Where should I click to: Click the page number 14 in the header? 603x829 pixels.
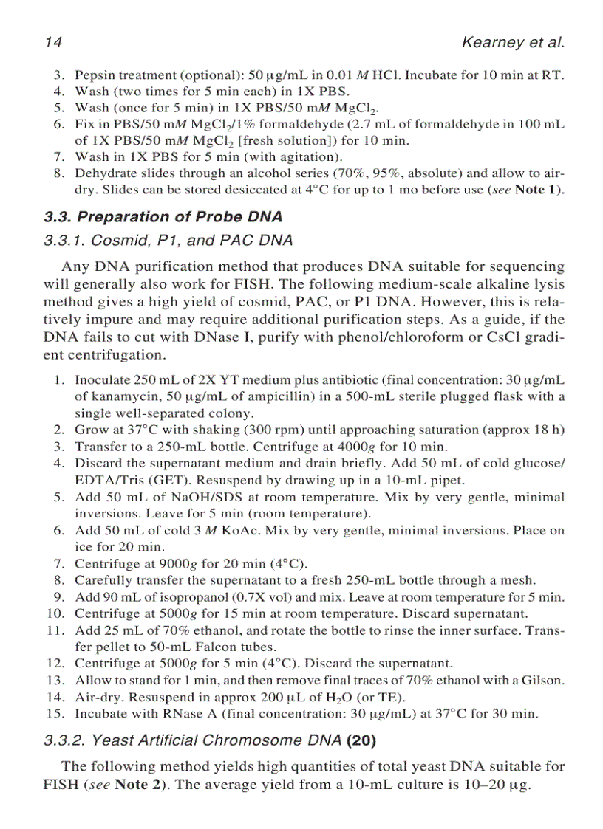(52, 42)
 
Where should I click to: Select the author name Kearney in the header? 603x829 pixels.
(493, 42)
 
